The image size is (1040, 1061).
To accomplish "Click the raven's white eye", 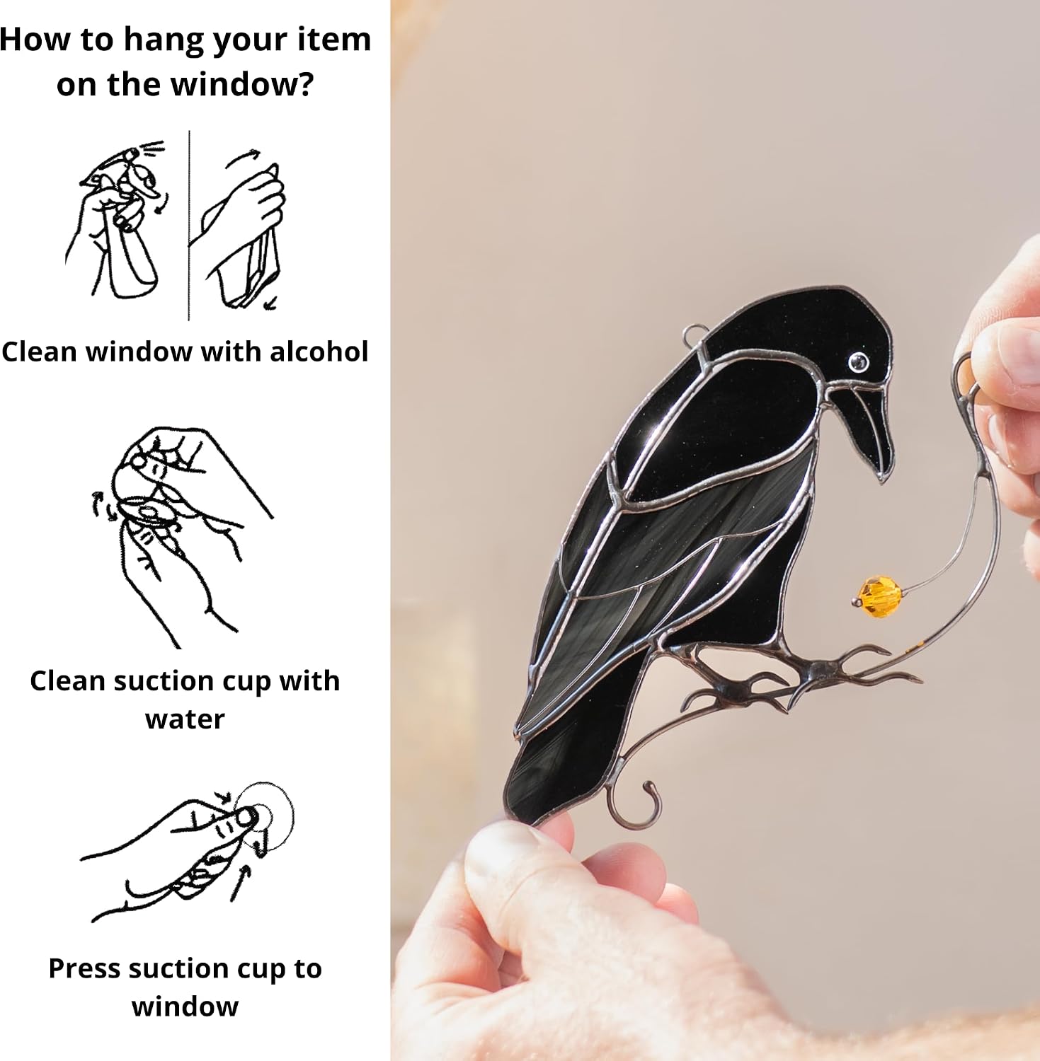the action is point(859,361).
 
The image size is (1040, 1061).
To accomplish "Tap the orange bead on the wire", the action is point(880,597).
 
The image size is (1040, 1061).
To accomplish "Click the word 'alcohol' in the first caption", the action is point(319,352).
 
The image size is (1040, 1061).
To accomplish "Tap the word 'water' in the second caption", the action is point(185,719).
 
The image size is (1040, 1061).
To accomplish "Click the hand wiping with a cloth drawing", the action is point(241,230).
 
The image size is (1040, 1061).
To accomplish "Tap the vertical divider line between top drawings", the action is point(189,226).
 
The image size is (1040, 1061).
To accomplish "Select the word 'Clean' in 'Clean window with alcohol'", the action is point(39,352).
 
